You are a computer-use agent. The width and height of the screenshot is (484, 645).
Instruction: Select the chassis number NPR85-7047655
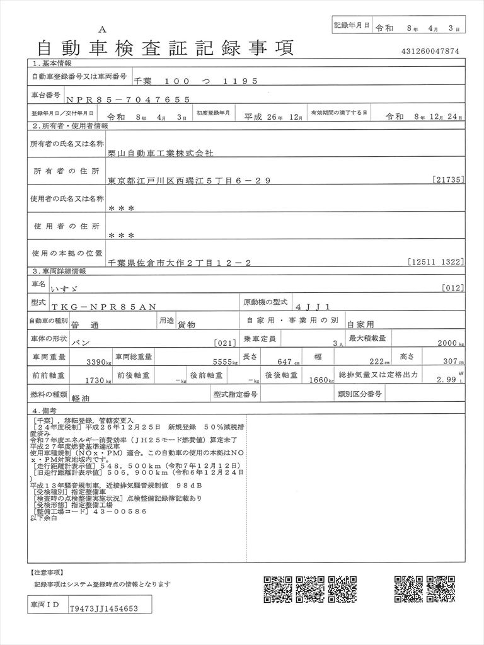coord(127,99)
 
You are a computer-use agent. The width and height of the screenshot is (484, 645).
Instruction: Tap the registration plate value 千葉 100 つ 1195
coord(195,81)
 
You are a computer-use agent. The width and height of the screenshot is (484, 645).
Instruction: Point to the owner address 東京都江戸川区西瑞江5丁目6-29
coord(190,181)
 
